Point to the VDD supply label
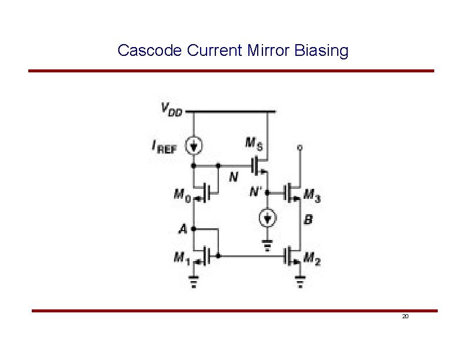(171, 110)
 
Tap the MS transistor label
(251, 143)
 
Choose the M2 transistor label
(312, 258)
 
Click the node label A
(184, 228)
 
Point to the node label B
(308, 220)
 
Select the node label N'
(256, 191)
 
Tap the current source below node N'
(268, 219)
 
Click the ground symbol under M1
(194, 284)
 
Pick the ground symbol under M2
(300, 284)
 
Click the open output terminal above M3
(300, 148)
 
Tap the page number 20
(405, 316)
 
